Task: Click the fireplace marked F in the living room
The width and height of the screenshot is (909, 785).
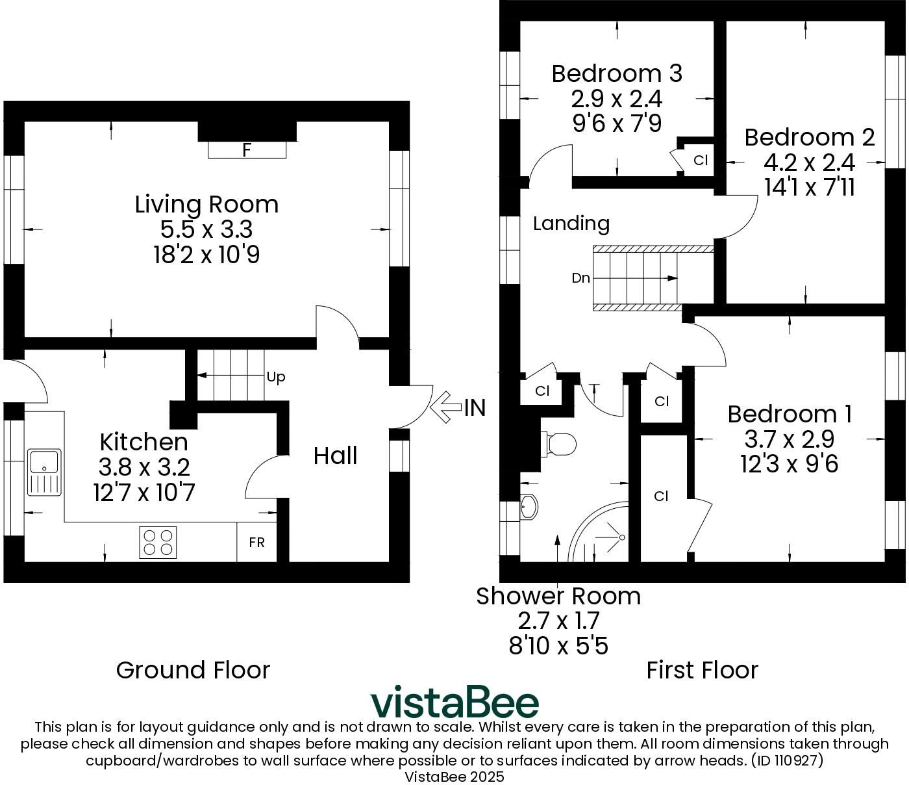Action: (247, 150)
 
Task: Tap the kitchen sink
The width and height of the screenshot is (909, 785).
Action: (44, 471)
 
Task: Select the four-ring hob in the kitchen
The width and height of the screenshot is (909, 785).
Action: (158, 542)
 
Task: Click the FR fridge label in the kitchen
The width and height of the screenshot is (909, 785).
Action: (256, 542)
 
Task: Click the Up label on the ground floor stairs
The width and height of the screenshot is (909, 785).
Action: (276, 378)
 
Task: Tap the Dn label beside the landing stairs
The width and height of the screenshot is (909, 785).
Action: (580, 278)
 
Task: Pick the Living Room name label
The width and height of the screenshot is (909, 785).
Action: (206, 204)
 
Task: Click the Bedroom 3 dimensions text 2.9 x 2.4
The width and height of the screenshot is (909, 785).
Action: (616, 99)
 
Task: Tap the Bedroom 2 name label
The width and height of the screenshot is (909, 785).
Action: (809, 137)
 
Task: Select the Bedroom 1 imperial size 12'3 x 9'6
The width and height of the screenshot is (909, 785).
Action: (789, 464)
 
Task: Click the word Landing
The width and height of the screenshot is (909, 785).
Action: (571, 224)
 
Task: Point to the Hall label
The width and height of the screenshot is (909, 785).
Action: (335, 456)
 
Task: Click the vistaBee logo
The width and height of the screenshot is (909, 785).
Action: (454, 702)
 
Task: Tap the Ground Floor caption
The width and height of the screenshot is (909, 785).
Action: (193, 670)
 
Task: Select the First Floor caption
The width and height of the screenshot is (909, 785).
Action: (702, 670)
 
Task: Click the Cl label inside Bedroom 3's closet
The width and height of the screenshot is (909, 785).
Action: (700, 160)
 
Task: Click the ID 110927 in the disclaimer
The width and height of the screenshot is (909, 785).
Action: (786, 760)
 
